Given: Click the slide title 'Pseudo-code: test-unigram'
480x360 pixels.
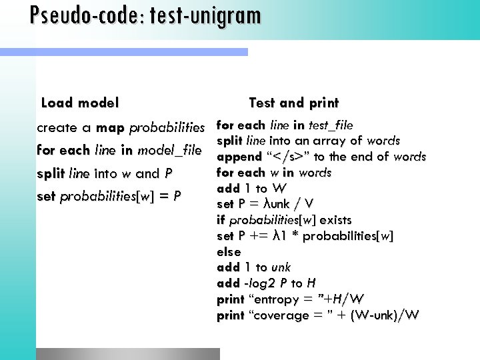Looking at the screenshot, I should point(145,15).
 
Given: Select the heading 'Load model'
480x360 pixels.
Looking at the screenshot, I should point(80,103).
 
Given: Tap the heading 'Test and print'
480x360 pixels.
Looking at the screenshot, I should point(293,103).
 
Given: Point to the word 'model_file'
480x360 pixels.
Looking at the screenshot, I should point(169,151).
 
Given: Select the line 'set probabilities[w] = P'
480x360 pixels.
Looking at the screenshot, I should point(109,197).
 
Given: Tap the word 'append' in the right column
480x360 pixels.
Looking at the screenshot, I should point(238,157).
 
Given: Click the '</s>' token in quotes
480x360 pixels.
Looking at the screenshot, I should point(291,157).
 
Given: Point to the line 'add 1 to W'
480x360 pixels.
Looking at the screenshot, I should point(252,188).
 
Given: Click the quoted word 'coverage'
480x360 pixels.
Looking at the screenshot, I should point(281,315).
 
